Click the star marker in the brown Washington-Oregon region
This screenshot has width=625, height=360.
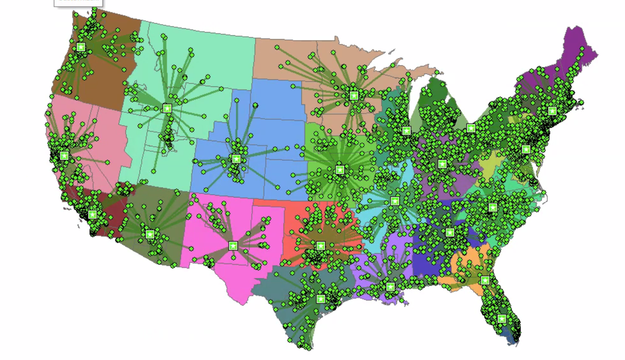pyautogui.click(x=81, y=47)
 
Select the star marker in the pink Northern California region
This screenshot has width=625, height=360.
pyautogui.click(x=64, y=156)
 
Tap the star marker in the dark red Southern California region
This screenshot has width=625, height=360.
pyautogui.click(x=92, y=214)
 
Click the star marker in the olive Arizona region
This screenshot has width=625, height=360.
pyautogui.click(x=150, y=234)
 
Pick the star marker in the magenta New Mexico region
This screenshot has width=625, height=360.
pyautogui.click(x=233, y=246)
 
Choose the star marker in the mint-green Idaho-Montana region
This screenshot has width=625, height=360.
pyautogui.click(x=167, y=108)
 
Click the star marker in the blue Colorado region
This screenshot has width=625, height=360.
pyautogui.click(x=236, y=159)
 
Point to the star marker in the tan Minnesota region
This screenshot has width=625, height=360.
pyautogui.click(x=354, y=96)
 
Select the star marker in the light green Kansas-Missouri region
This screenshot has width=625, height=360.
pyautogui.click(x=340, y=170)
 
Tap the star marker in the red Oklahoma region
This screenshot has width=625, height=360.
pyautogui.click(x=320, y=246)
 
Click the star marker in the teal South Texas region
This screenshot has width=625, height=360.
pyautogui.click(x=320, y=299)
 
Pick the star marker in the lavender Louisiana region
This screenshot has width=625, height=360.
pyautogui.click(x=390, y=287)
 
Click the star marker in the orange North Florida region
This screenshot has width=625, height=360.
pyautogui.click(x=485, y=280)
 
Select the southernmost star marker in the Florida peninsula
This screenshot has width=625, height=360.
pyautogui.click(x=502, y=319)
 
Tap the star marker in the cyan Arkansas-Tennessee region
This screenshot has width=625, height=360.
pyautogui.click(x=395, y=201)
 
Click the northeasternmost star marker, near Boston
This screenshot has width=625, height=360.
pyautogui.click(x=552, y=111)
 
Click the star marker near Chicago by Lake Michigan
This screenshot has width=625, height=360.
pyautogui.click(x=406, y=130)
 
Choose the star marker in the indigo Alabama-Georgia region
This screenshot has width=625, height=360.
pyautogui.click(x=450, y=233)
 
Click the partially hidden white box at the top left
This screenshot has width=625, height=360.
pyautogui.click(x=78, y=2)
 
